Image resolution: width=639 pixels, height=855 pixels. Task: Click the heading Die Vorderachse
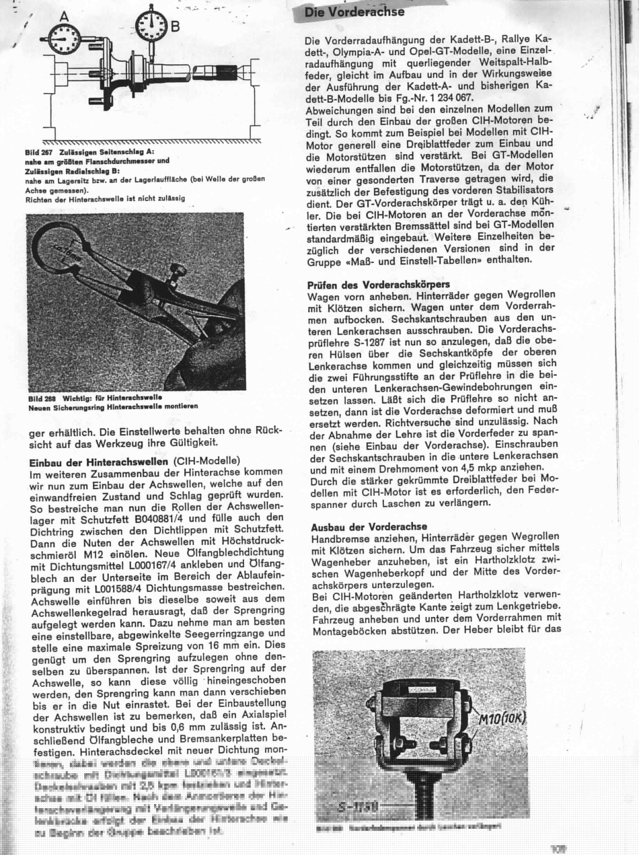pyautogui.click(x=354, y=12)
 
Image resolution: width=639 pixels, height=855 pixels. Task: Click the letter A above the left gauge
pyautogui.click(x=64, y=16)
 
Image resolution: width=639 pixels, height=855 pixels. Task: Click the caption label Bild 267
pyautogui.click(x=39, y=153)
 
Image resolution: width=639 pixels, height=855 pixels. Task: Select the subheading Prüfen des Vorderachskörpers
pyautogui.click(x=378, y=285)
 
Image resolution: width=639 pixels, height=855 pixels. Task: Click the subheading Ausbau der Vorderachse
pyautogui.click(x=369, y=526)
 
